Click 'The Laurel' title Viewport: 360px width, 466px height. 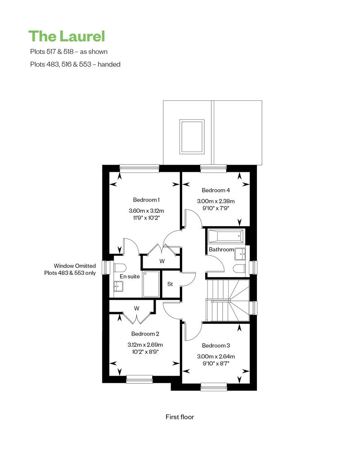pos(67,36)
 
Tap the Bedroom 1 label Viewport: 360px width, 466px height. pos(146,200)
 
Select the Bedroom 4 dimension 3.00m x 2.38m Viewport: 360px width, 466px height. pos(216,201)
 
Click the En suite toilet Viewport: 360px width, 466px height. pos(120,268)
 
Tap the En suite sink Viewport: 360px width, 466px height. pos(118,287)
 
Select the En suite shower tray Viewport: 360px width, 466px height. pos(151,284)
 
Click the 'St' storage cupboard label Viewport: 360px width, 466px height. pos(170,284)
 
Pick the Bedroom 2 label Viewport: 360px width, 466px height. pos(145,334)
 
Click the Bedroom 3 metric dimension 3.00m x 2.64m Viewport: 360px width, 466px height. pos(216,356)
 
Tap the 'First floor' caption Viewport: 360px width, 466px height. pos(180,417)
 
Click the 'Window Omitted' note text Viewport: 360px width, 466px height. pos(75,266)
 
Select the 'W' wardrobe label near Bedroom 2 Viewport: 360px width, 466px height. pos(136,309)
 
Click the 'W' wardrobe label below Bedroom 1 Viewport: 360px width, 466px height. pos(162,261)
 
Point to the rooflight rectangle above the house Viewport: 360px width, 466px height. pos(192,137)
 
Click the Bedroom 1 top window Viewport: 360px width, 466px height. pos(139,168)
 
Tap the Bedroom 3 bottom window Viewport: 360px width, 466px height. pos(214,386)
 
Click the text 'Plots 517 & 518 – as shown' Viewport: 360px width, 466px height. pos(69,52)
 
